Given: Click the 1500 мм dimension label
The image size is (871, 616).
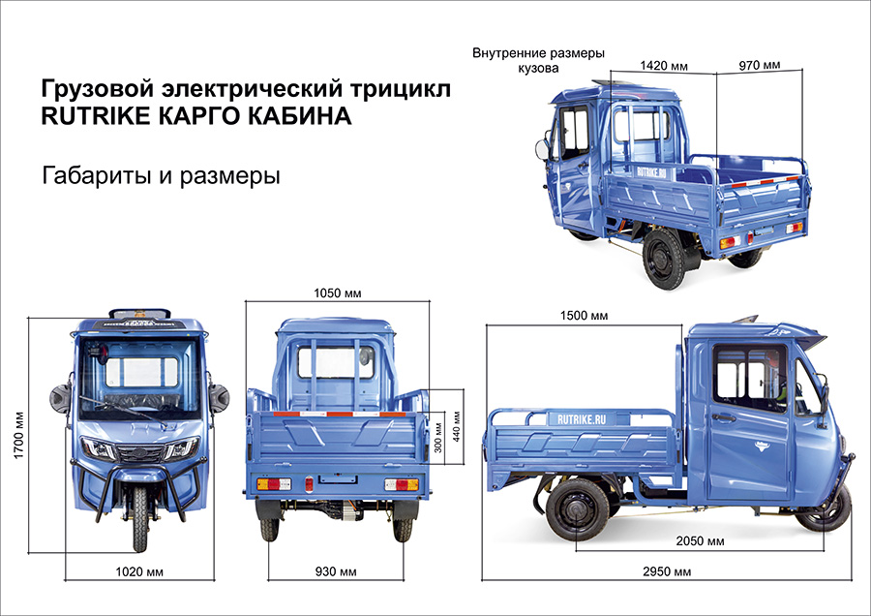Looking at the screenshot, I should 584,316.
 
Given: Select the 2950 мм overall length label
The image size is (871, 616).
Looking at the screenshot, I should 668,572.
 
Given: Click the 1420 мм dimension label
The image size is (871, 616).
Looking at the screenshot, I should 664,66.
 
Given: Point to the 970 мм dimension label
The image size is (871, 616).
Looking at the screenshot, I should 759,66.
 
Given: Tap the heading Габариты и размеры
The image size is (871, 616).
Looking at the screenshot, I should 161,177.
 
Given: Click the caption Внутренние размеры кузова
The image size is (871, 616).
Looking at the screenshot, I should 537,60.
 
